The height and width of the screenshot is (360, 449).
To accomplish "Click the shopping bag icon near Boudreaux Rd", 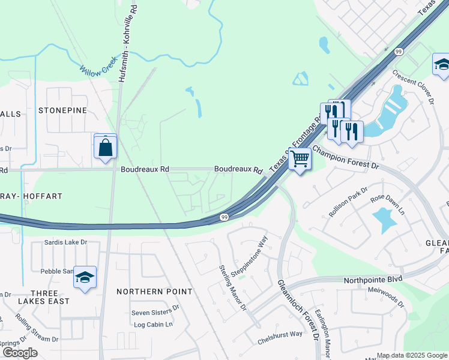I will point(105,146).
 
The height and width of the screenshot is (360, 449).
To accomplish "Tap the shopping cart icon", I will point(300,160).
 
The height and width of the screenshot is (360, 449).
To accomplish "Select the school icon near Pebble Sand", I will point(85,277).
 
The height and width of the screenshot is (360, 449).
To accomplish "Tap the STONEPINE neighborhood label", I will point(62,110).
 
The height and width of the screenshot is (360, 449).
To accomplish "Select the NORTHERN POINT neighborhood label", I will point(154,292).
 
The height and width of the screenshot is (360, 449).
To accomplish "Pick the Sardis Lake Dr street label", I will point(66,243).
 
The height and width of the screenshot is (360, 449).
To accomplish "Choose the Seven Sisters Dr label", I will point(155,313).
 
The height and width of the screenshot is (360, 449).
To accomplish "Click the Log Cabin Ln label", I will point(153,325).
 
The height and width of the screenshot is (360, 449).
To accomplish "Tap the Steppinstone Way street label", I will point(257,254).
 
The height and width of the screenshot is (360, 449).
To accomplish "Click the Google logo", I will point(19,353).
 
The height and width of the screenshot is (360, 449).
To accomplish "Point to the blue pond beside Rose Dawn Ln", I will point(383,220).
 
